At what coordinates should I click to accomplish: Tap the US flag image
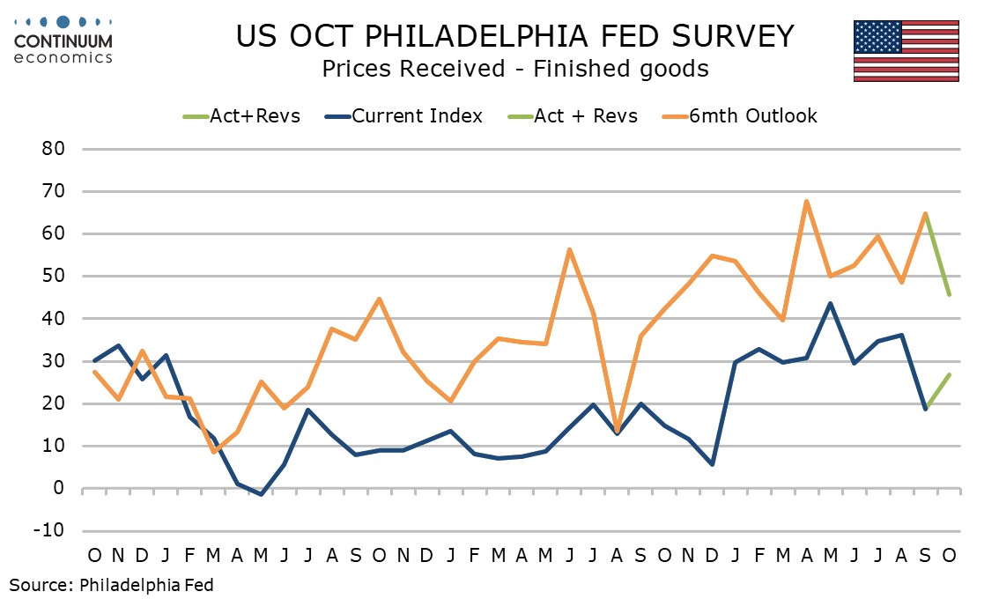pos(906,52)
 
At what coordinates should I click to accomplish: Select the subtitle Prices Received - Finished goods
pos(514,68)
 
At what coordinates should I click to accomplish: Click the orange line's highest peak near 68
pos(807,202)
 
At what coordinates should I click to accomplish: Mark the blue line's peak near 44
pos(830,304)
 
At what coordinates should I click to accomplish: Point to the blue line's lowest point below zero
pos(261,494)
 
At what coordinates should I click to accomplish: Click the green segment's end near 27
pos(949,374)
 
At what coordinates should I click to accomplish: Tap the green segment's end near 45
pos(949,295)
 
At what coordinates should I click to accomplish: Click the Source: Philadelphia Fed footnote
pos(112,584)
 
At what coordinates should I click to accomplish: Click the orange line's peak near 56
pos(569,249)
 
